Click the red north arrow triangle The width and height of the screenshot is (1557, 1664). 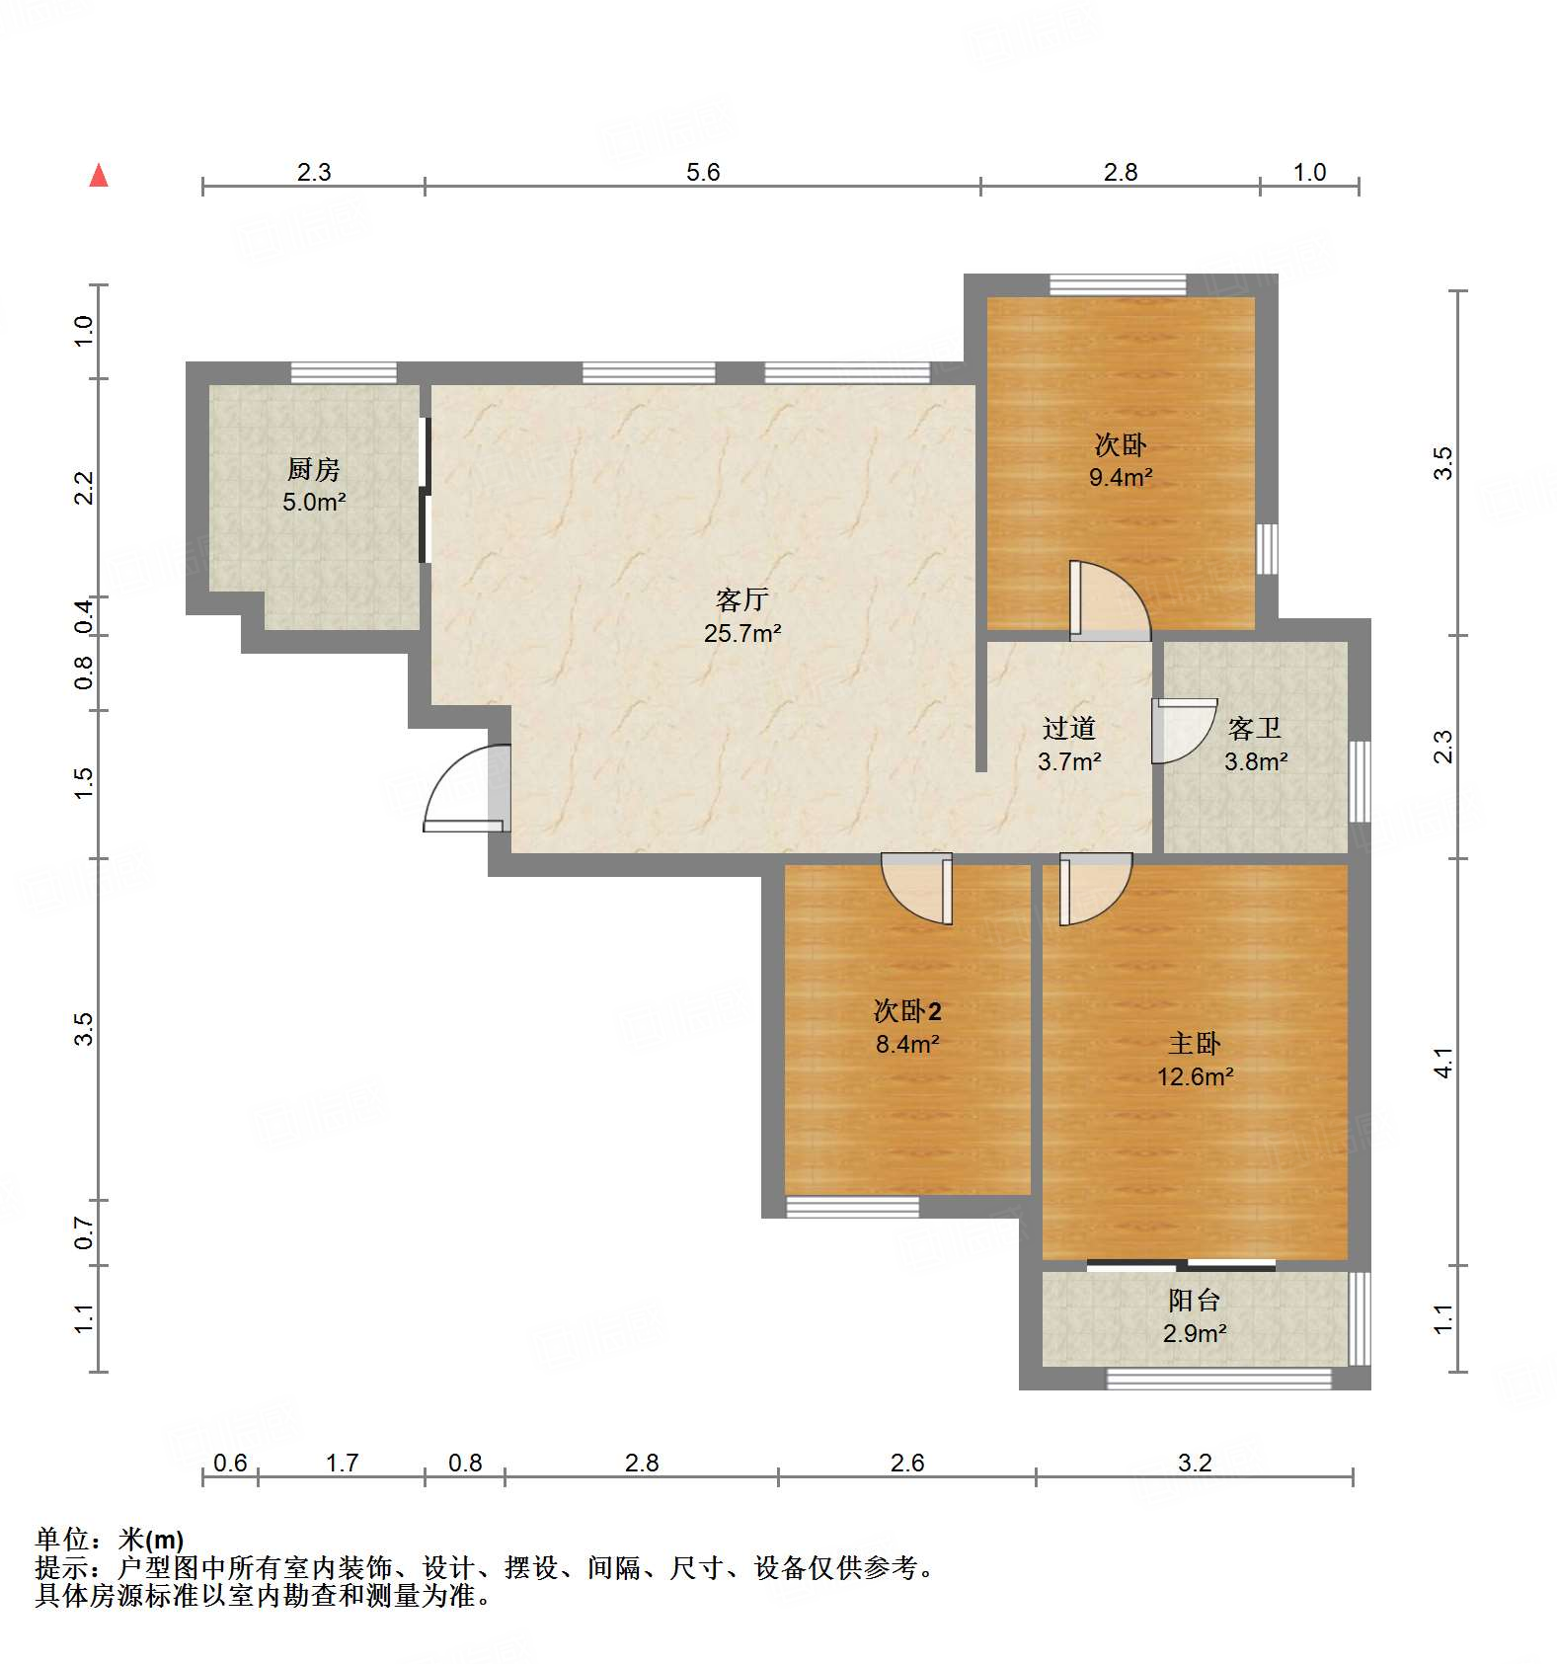(99, 176)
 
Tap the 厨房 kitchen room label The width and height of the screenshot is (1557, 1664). (314, 469)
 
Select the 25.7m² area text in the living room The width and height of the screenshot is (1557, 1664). (742, 633)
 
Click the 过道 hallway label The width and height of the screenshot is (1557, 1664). (1069, 729)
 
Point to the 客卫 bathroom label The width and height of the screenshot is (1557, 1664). (1255, 729)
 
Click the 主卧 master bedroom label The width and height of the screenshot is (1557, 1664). (1195, 1044)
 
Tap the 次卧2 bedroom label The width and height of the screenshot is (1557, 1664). (907, 1010)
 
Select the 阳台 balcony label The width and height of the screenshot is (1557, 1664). (1195, 1301)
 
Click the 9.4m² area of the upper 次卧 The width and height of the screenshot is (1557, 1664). (1121, 478)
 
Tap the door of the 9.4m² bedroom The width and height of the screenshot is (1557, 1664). (1108, 600)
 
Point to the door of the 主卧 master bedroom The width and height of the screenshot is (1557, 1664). (1093, 888)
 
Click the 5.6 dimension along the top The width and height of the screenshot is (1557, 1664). (703, 172)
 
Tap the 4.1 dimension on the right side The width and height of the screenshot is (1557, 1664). (1443, 1063)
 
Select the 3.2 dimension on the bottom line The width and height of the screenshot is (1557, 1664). (1195, 1463)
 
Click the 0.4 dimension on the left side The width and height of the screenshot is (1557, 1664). (85, 616)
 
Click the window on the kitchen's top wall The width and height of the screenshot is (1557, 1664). (344, 373)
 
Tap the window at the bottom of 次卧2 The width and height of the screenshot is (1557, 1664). (852, 1207)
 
